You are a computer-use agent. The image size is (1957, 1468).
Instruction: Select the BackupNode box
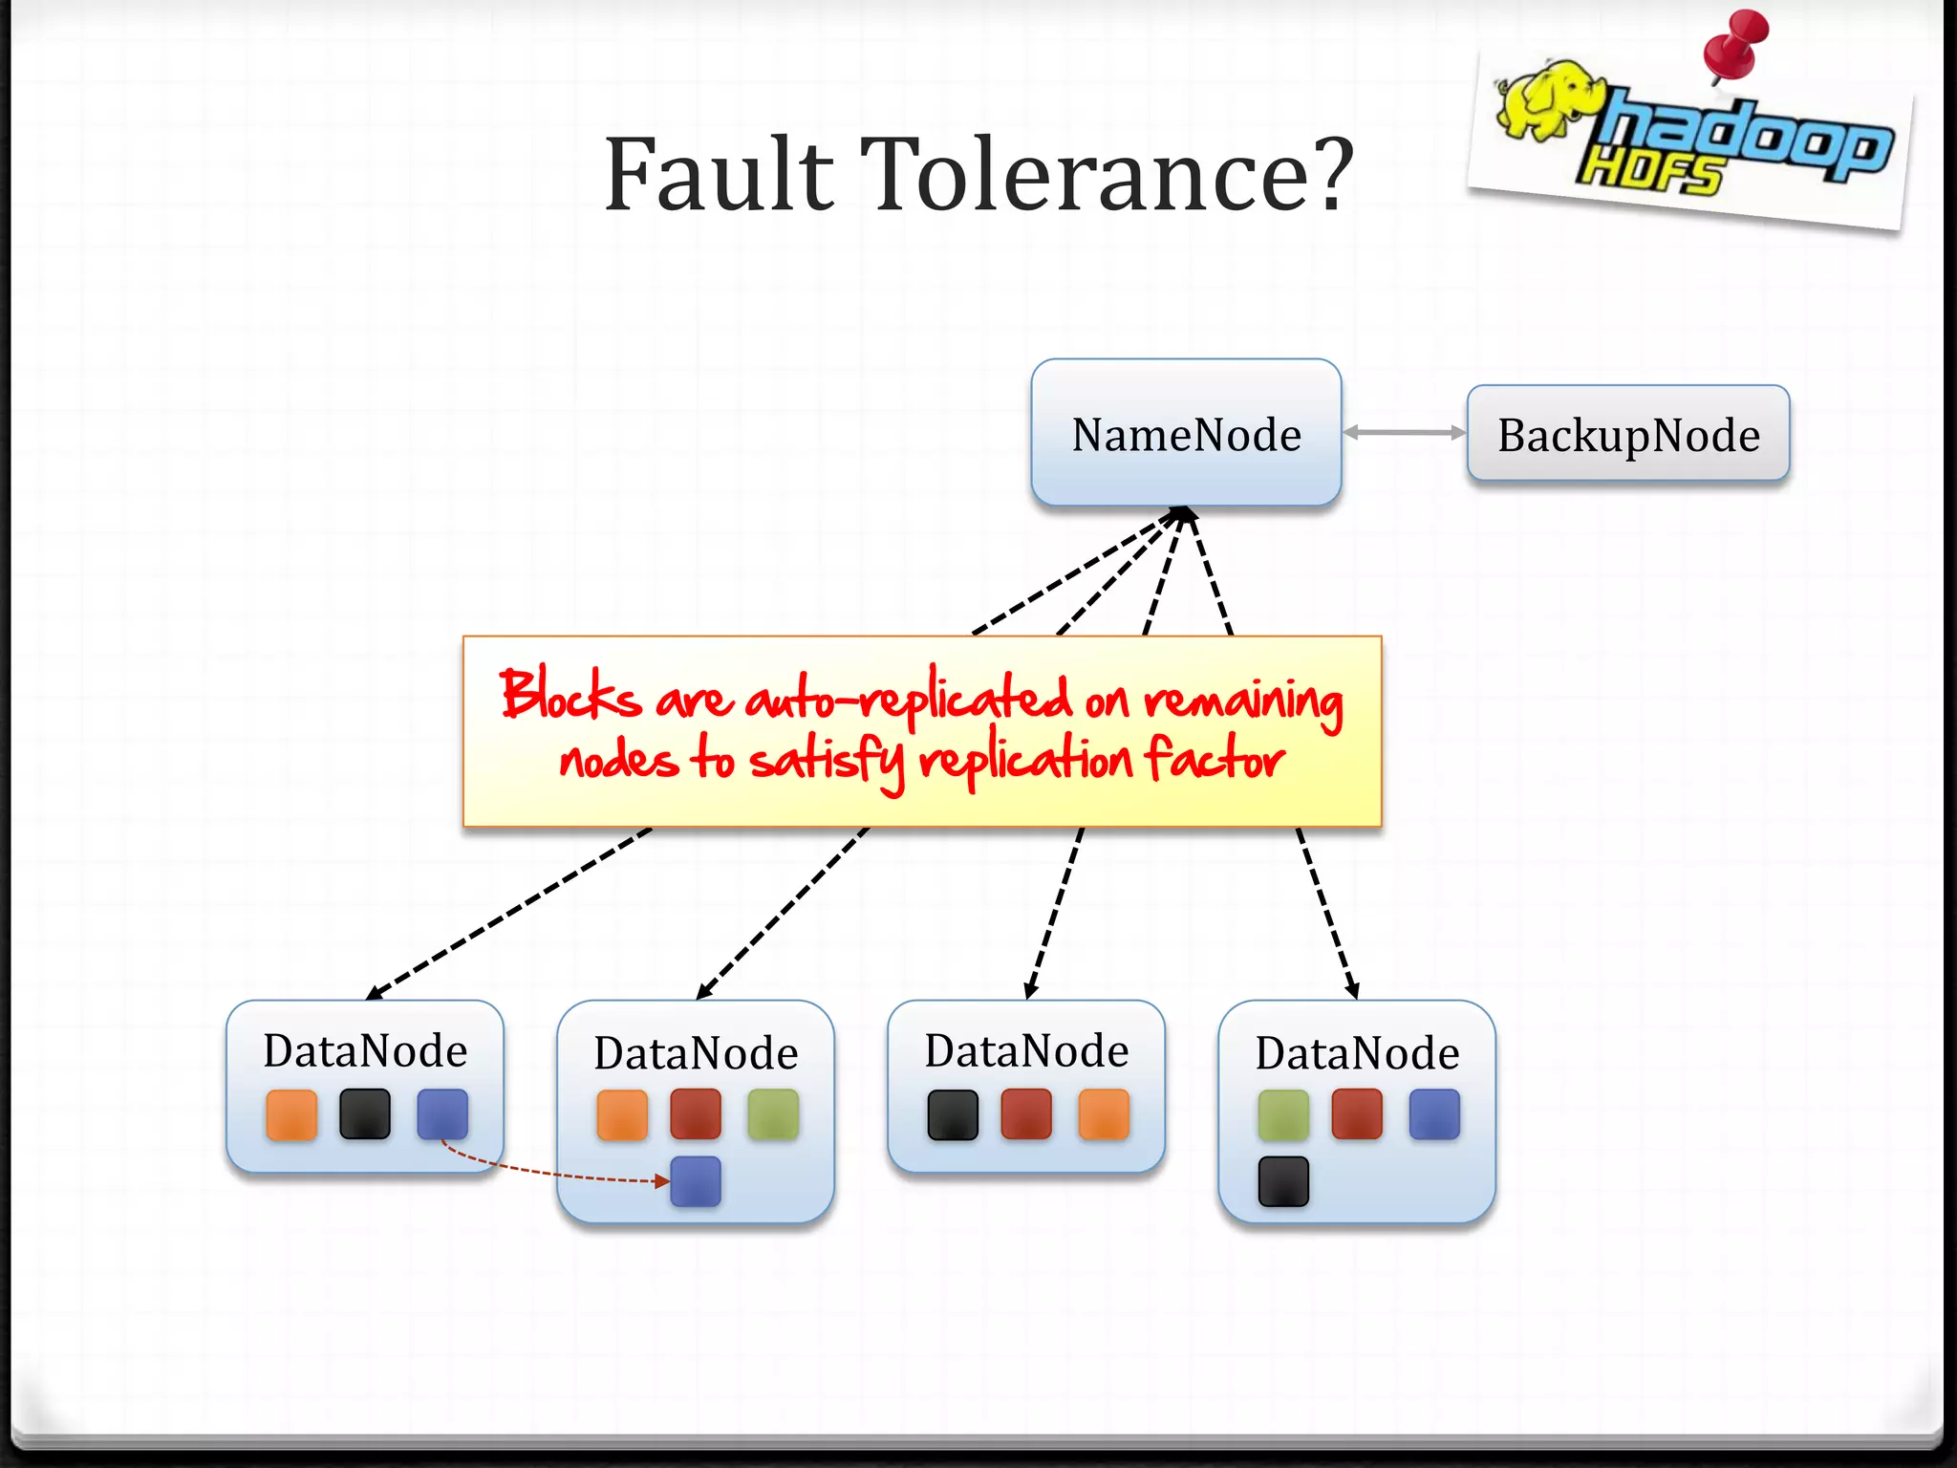pos(1627,434)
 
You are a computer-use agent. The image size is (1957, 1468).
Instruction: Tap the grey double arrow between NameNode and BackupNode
pos(1404,433)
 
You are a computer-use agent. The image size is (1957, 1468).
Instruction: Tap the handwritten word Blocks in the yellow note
pos(570,694)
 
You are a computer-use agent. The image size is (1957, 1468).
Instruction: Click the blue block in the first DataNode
pos(442,1114)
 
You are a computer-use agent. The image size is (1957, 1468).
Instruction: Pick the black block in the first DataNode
pos(365,1114)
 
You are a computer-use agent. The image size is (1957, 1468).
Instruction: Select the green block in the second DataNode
pos(773,1114)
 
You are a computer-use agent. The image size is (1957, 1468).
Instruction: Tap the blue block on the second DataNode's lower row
pos(696,1181)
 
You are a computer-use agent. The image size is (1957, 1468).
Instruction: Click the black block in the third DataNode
pos(953,1114)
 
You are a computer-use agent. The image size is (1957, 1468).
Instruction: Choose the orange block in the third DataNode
pos(1104,1114)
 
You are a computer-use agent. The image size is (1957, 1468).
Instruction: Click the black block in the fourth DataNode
pos(1283,1181)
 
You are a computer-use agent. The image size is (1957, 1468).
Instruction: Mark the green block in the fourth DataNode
pos(1283,1114)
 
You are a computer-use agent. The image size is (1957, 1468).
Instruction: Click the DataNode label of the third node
pos(1026,1050)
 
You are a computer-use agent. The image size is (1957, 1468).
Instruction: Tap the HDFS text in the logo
pos(1648,172)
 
